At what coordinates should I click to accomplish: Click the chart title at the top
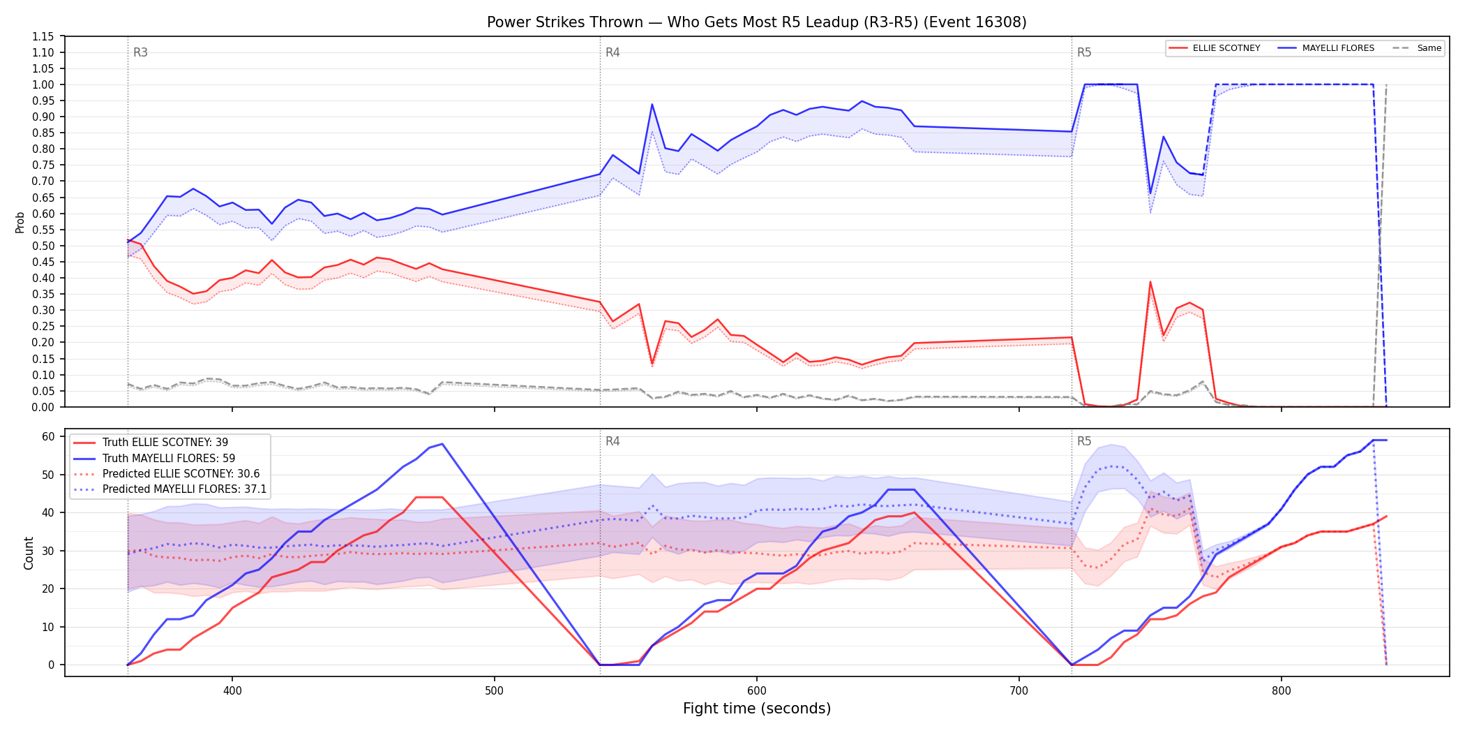(757, 22)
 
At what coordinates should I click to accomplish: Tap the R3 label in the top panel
(140, 52)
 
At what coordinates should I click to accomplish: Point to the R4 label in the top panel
(613, 52)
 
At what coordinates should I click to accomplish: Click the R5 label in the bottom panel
(1084, 441)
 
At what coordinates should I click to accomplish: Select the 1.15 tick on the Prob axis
(43, 36)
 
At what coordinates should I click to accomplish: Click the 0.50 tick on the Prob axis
(43, 246)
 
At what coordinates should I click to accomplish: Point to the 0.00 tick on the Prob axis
(43, 407)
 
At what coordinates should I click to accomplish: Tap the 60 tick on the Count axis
(48, 436)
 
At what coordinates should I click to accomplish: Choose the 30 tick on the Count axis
(48, 551)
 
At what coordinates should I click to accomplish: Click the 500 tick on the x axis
(494, 690)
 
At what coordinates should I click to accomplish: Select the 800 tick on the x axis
(1281, 690)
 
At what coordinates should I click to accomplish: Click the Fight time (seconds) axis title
(757, 709)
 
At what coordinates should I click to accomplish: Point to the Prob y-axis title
(20, 222)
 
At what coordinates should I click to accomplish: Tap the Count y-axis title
(29, 553)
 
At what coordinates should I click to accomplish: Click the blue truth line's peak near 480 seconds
(442, 444)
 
